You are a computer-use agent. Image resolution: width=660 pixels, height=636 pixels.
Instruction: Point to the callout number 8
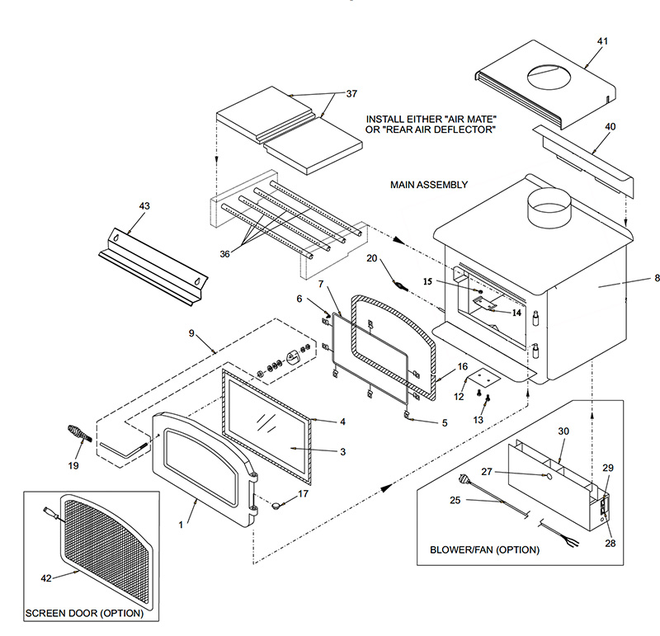[x=656, y=279]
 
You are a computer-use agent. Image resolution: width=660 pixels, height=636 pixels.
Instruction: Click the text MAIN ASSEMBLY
[x=429, y=185]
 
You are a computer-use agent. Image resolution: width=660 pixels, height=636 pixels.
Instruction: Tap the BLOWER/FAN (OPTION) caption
[x=485, y=549]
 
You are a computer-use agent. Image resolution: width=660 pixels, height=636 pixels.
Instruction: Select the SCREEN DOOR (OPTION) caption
[x=84, y=614]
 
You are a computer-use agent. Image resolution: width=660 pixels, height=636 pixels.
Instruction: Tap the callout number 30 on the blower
[x=563, y=431]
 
